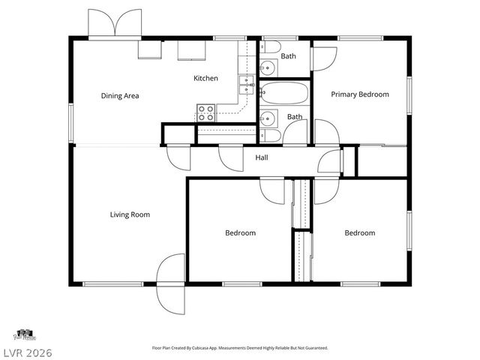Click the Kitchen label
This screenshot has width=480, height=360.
pyautogui.click(x=205, y=78)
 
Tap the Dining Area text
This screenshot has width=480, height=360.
pyautogui.click(x=120, y=96)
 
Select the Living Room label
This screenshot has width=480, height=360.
pyautogui.click(x=130, y=214)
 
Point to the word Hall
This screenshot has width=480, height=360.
pyautogui.click(x=262, y=157)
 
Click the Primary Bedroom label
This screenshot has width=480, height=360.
pyautogui.click(x=360, y=94)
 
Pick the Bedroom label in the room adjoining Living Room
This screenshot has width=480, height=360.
pyautogui.click(x=240, y=233)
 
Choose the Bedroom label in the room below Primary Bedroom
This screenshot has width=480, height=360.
pyautogui.click(x=359, y=233)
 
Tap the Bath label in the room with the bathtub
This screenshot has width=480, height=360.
pyautogui.click(x=295, y=117)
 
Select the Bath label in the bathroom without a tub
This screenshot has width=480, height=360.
pyautogui.click(x=289, y=56)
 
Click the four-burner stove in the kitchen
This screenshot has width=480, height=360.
pyautogui.click(x=206, y=114)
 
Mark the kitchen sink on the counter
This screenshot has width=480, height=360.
pyautogui.click(x=244, y=84)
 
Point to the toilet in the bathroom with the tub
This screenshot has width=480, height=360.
pyautogui.click(x=271, y=136)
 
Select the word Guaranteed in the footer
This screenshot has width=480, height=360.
pyautogui.click(x=313, y=348)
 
